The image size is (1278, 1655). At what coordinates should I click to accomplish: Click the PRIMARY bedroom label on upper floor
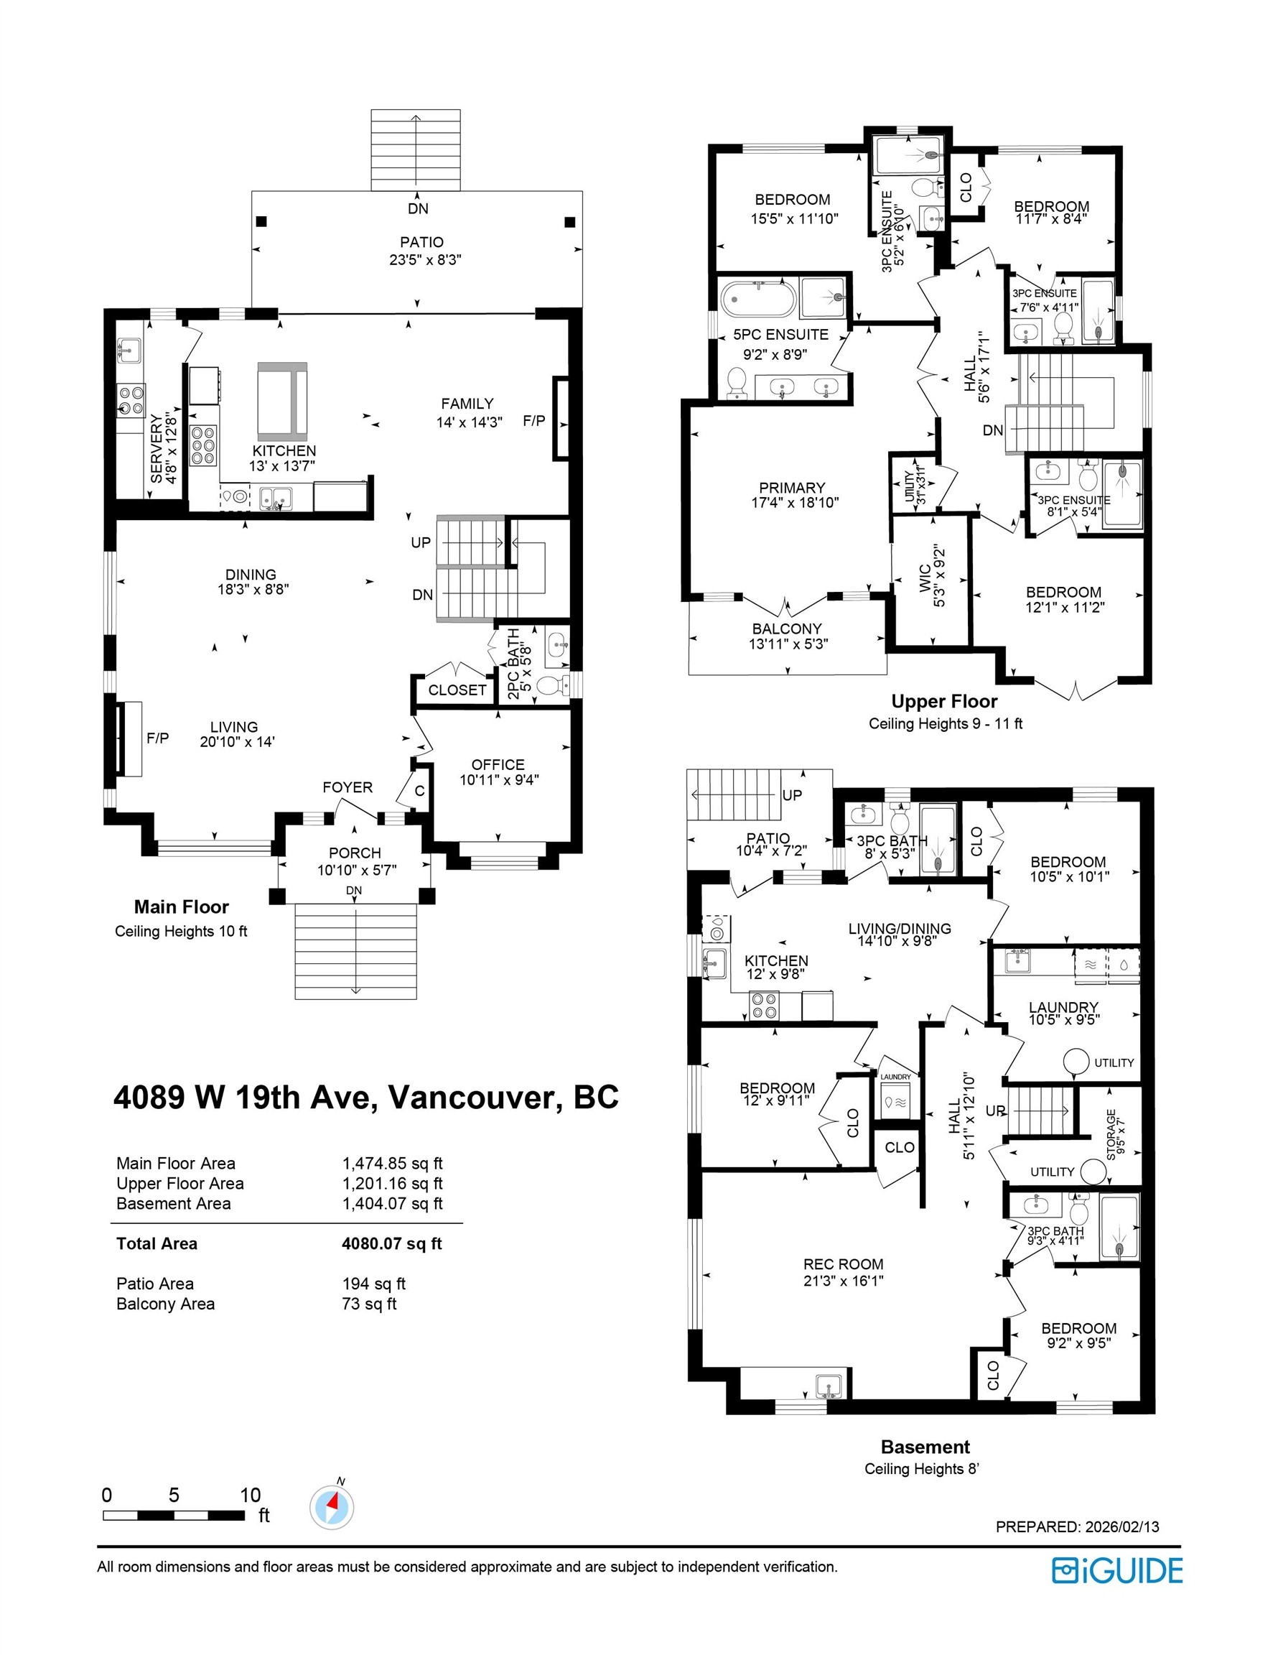[x=792, y=488]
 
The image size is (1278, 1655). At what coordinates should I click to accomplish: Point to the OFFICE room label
[x=498, y=764]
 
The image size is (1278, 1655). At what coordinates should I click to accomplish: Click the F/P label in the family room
[x=534, y=420]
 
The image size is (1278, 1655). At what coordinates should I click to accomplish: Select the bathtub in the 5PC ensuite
[x=757, y=300]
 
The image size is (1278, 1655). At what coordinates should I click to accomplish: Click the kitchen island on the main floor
[x=283, y=401]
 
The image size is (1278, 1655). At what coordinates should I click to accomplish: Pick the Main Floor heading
[x=181, y=907]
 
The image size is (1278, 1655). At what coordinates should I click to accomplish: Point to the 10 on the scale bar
[x=250, y=1495]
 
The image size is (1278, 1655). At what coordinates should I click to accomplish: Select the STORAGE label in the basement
[x=1111, y=1134]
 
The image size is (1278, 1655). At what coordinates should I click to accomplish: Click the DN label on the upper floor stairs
[x=992, y=430]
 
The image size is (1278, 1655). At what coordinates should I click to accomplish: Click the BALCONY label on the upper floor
[x=786, y=629]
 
